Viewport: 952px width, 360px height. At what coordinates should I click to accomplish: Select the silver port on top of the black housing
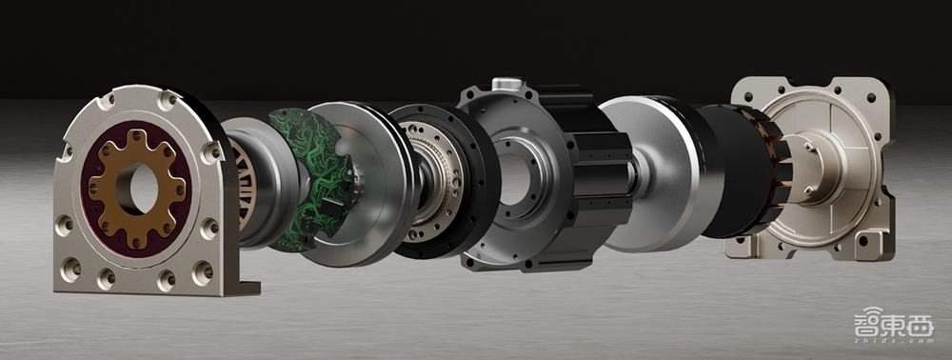[507, 84]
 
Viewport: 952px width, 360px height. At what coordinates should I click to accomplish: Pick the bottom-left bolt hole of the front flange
[70, 269]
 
